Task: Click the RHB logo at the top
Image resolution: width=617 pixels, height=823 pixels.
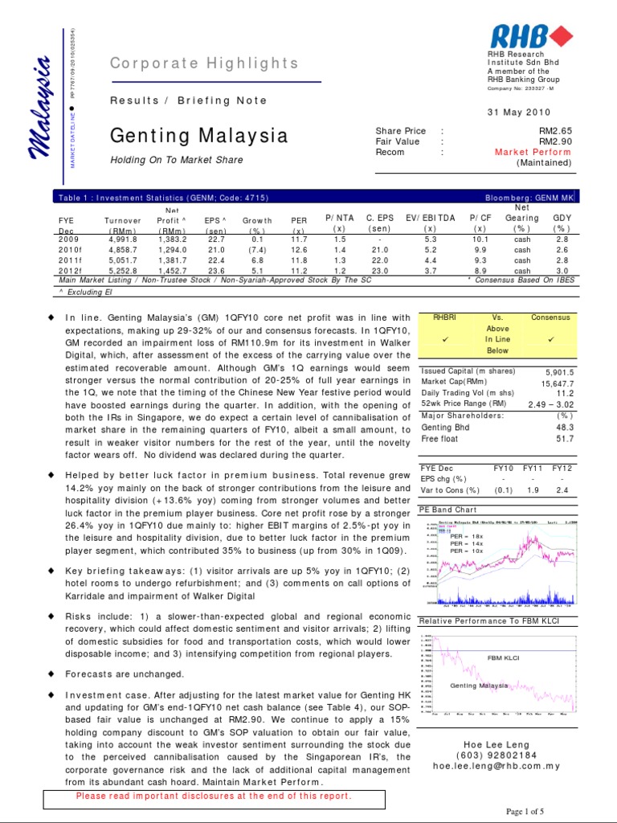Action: [x=531, y=35]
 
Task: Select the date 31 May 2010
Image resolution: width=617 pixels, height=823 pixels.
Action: [x=542, y=111]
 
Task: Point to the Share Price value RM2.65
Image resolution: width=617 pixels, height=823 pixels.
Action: [x=554, y=131]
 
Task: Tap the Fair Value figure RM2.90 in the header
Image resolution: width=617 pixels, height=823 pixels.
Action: [x=554, y=141]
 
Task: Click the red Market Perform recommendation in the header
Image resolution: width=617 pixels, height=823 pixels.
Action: [x=533, y=152]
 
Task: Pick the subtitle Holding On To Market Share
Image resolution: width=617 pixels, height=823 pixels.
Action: [x=176, y=160]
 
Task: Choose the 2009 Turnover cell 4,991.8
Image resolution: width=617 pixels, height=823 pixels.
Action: [x=122, y=239]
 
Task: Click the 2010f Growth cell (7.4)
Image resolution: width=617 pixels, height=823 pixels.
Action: [x=257, y=250]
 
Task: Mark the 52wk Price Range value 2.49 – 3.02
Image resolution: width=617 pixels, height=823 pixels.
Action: [x=547, y=404]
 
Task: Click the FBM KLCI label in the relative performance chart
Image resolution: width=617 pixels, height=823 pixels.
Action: [x=504, y=657]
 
